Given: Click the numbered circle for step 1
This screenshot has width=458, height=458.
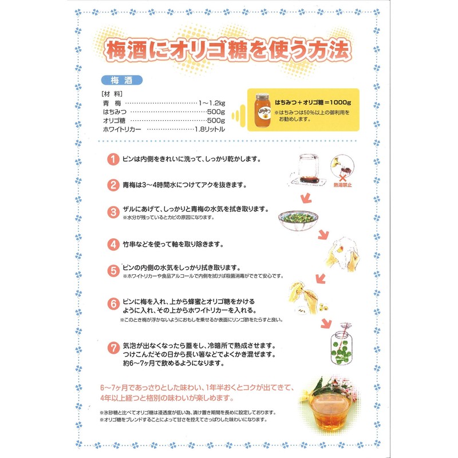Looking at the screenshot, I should coord(113,159).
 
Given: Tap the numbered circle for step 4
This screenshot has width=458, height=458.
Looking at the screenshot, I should coord(113,243).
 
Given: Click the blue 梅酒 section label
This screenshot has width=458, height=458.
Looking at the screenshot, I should coord(120,80).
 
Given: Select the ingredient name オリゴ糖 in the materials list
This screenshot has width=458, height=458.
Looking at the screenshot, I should coord(114,121).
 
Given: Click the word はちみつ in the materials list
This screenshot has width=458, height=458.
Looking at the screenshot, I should coord(115,112).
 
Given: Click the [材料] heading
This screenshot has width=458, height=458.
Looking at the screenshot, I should coord(109,93).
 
